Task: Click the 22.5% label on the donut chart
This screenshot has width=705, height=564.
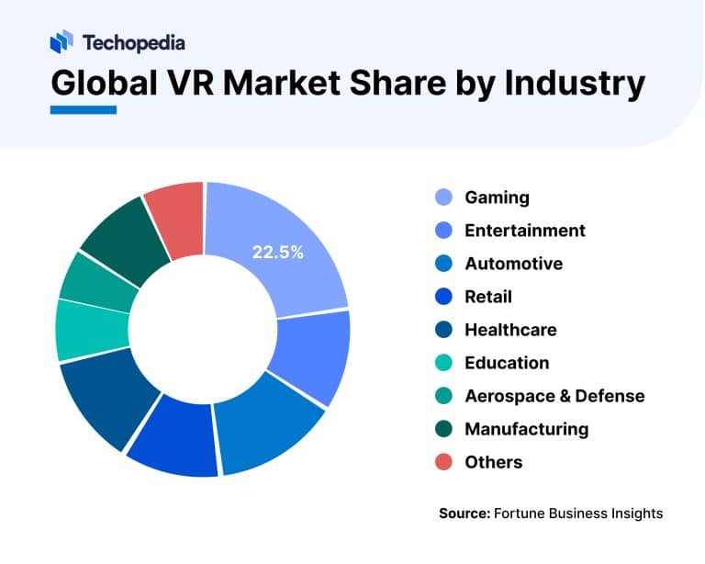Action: point(277,253)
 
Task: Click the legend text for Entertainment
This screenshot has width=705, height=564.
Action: point(525,230)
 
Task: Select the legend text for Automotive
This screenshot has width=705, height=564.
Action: point(514,264)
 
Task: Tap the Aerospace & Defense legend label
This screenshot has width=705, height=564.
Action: point(554,396)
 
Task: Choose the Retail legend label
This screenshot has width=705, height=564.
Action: point(488,297)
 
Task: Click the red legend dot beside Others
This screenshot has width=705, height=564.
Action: point(442,462)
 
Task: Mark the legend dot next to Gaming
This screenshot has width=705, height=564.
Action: point(442,197)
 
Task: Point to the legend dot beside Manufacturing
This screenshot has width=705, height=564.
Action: point(442,429)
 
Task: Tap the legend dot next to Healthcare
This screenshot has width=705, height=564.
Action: point(442,330)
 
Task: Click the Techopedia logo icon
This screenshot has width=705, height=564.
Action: point(62,42)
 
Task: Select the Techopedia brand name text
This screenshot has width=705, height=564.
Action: point(133,42)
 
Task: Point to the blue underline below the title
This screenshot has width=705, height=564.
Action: point(84,110)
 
